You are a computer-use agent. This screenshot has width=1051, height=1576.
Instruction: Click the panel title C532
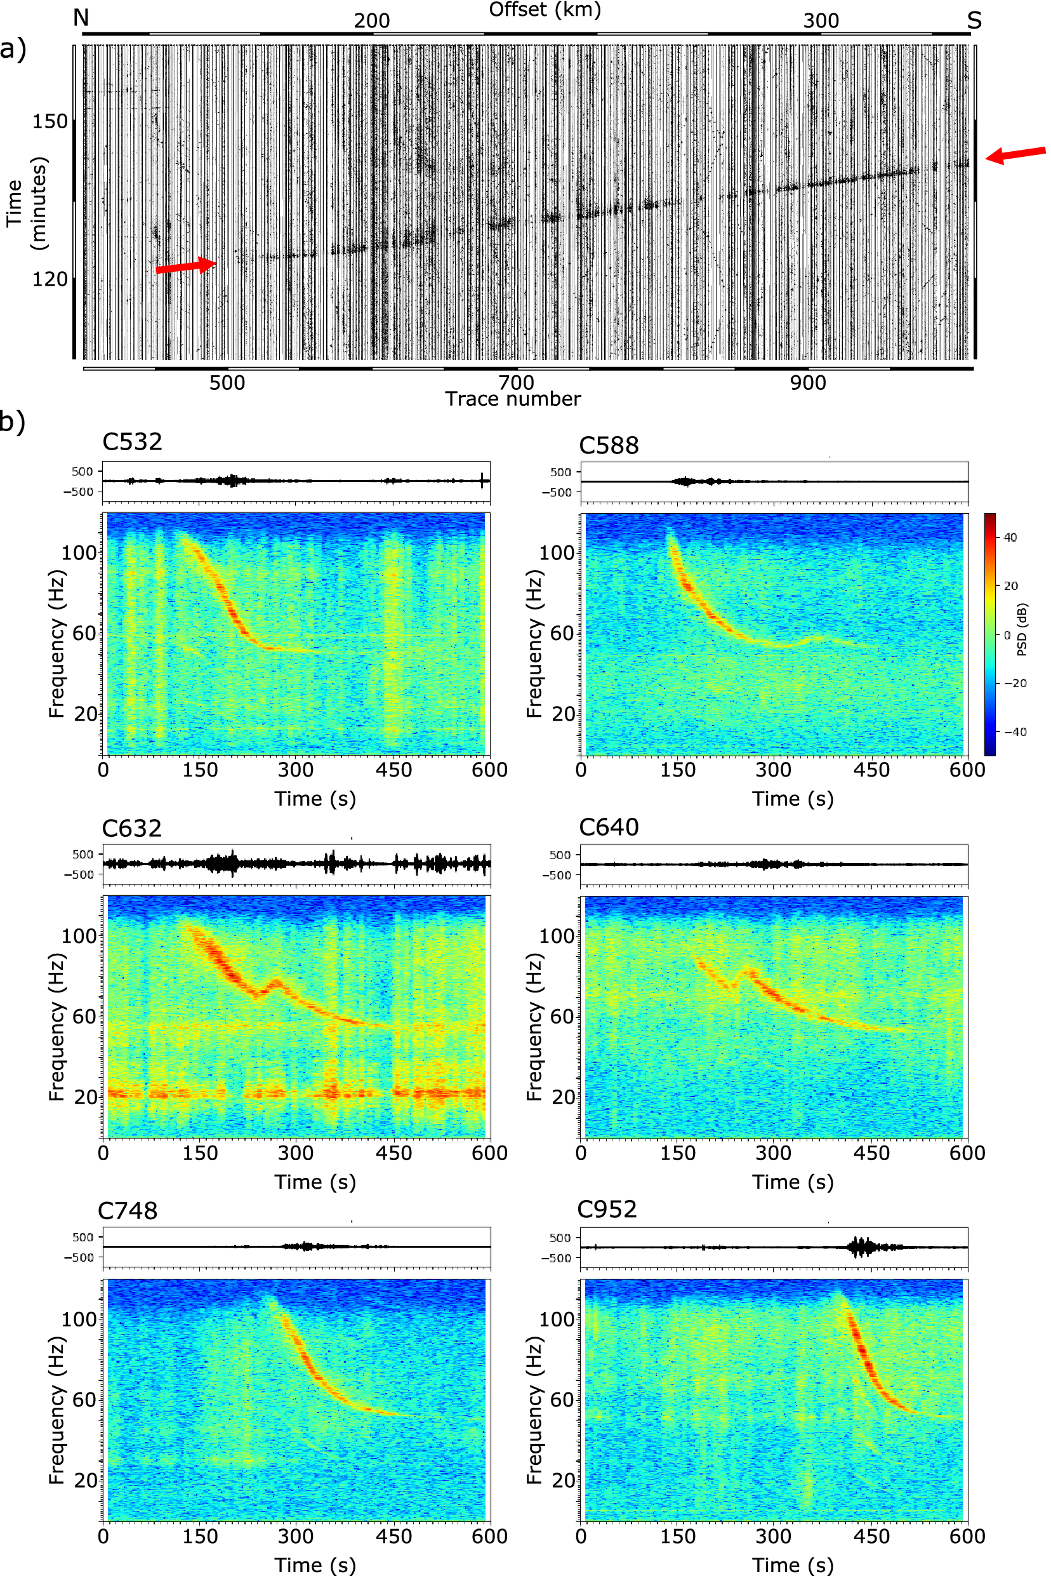click(132, 442)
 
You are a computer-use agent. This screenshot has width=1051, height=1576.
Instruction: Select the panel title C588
click(609, 445)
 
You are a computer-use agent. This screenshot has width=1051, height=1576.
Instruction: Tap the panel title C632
click(132, 828)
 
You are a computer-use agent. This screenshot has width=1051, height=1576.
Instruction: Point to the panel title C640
click(609, 827)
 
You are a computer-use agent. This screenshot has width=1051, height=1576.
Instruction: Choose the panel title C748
click(128, 1210)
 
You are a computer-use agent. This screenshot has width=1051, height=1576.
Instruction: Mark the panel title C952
click(607, 1209)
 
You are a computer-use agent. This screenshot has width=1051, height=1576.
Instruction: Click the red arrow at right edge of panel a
click(1015, 155)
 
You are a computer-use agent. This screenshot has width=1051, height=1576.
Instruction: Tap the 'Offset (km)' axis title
click(545, 10)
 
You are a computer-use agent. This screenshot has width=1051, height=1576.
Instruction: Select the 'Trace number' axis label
click(513, 399)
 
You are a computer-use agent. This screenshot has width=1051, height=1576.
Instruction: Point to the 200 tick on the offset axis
click(372, 21)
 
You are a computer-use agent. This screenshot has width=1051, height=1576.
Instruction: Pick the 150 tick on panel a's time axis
click(50, 121)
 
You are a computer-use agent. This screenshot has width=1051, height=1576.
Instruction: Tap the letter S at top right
click(974, 21)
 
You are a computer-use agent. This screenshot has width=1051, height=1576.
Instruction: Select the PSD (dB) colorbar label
click(1022, 630)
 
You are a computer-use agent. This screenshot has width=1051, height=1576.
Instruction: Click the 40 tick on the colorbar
click(1010, 537)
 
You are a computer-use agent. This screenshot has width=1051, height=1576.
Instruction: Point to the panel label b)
click(13, 422)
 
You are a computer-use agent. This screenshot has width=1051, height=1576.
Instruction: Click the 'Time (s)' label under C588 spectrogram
click(792, 799)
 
